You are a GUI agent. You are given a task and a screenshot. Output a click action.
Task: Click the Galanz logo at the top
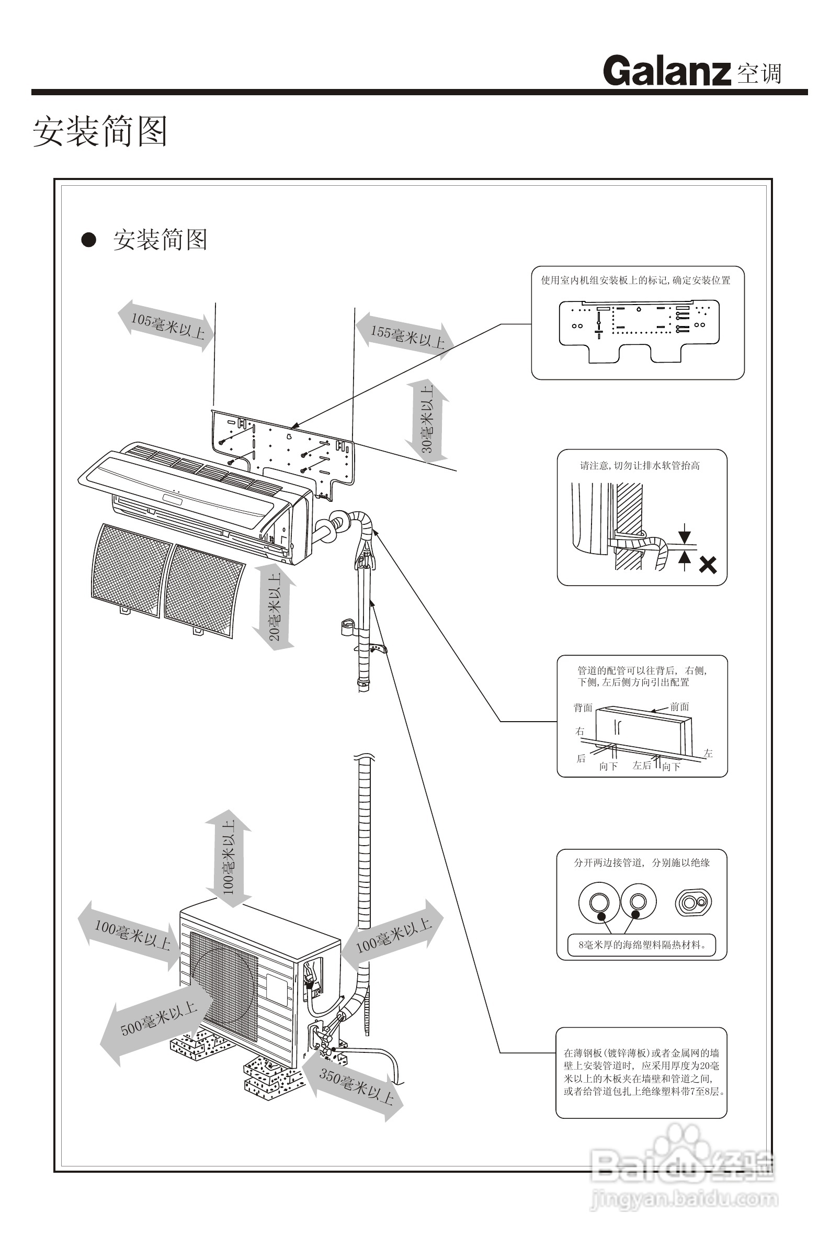(666, 71)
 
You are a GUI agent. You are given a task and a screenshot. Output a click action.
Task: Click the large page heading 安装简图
(100, 131)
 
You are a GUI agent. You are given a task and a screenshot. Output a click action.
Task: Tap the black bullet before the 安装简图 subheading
(88, 240)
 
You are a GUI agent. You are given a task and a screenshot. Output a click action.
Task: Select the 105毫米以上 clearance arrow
(166, 325)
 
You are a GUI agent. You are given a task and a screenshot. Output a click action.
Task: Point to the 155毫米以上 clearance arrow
(405, 336)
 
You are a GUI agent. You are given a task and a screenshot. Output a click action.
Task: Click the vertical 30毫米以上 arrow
(427, 419)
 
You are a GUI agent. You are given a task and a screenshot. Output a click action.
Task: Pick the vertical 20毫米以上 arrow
(274, 607)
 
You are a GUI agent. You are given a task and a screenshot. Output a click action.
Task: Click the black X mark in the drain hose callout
(707, 565)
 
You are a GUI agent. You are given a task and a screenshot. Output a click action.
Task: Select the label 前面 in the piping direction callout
(679, 707)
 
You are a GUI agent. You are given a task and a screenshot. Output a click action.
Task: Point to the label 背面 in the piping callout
(583, 708)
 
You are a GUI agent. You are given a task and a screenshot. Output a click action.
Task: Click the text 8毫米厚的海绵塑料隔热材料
(642, 945)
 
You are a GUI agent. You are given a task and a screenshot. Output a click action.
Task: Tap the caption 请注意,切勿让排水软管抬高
(640, 466)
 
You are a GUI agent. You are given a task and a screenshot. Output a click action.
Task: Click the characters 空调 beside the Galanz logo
(759, 73)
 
